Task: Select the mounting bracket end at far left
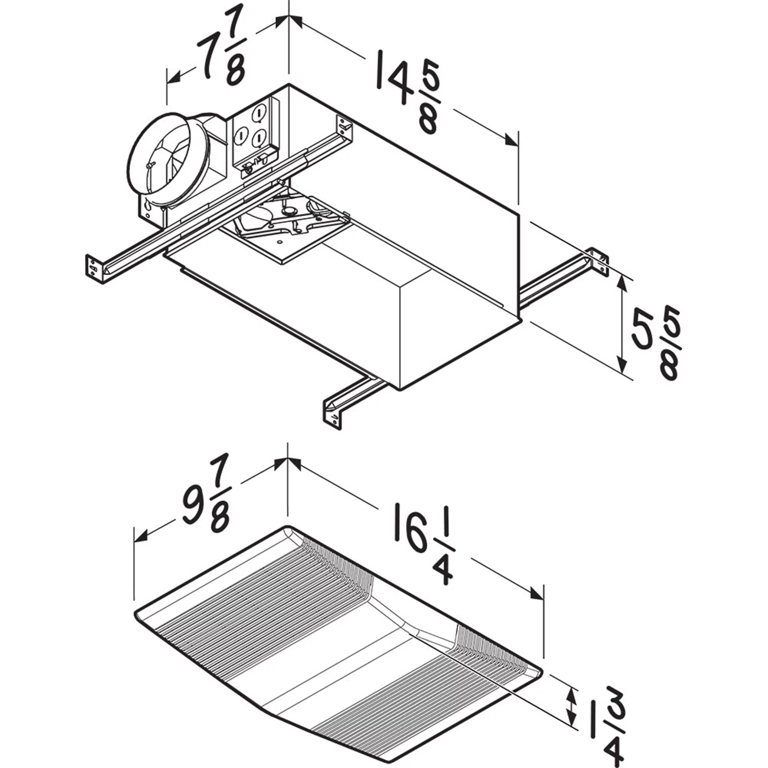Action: [94, 269]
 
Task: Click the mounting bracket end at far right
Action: [598, 261]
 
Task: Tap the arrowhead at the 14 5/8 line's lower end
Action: [512, 140]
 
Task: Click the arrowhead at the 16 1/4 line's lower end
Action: [537, 604]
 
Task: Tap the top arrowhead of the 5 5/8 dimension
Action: [622, 284]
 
